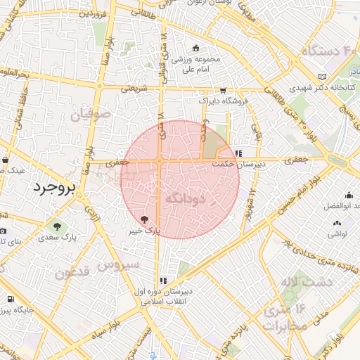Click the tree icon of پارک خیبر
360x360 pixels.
pos(145,219)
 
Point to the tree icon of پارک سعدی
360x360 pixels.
pos(56,226)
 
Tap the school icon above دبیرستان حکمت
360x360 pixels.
pos(239,153)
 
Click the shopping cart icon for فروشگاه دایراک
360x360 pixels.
pos(223,91)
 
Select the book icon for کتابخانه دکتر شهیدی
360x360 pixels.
pos(322,76)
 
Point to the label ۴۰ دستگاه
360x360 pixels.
pos(330,51)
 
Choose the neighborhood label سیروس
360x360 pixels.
pos(119,266)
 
